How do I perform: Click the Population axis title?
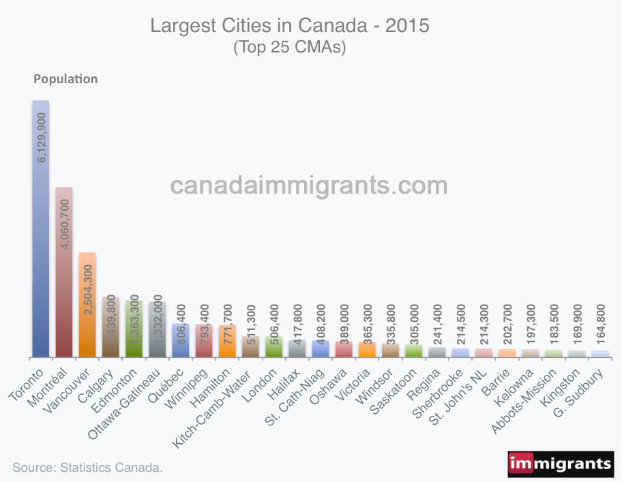pos(65,78)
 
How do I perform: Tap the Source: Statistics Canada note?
pos(88,468)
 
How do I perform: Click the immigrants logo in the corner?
pos(560,464)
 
